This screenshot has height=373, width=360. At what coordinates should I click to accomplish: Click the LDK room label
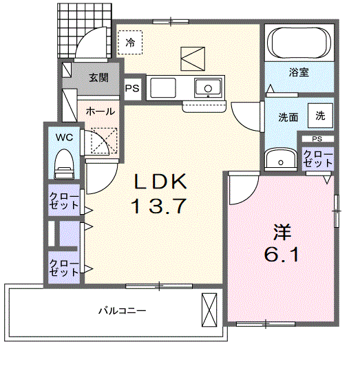coord(160,182)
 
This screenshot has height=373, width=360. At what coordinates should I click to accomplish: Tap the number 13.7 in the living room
coord(160,206)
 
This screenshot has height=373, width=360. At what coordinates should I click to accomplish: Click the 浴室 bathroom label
coord(298,71)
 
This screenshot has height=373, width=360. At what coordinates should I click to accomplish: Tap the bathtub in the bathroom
coord(299,42)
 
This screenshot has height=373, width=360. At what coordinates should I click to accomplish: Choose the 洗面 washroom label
coord(288,117)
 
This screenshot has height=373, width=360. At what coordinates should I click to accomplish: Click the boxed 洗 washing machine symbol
coord(320,116)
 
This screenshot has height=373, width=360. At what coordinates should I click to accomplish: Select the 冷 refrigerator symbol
coord(131,42)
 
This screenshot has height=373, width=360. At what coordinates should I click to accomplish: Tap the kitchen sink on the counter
coord(207,87)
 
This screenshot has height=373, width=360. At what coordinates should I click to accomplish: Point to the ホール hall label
coord(100,111)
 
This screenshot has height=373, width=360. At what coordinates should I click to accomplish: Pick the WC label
coord(64,137)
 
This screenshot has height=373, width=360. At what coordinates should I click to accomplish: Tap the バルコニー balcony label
coord(121,311)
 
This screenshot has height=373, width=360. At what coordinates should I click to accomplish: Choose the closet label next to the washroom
coord(317,159)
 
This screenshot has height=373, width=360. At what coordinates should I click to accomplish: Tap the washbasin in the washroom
coord(281,160)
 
